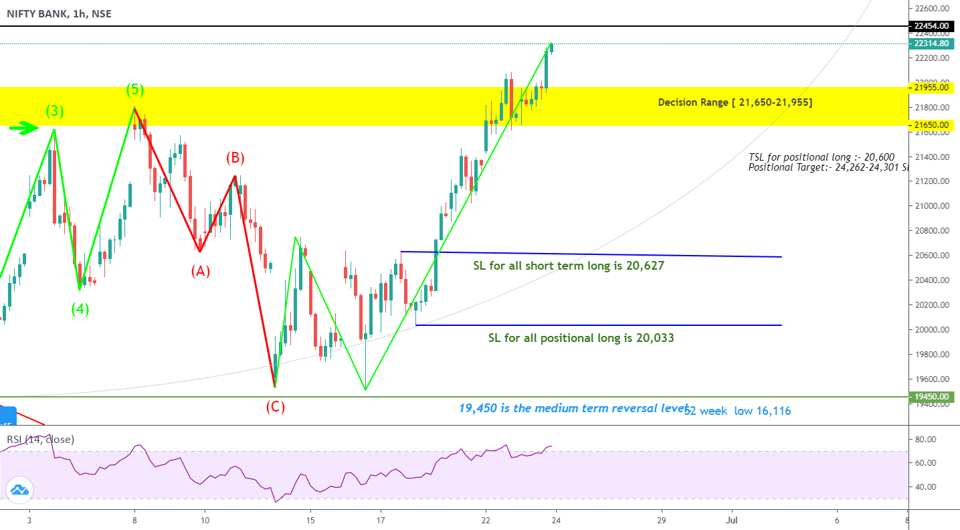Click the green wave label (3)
point(54,112)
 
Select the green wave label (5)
point(136,90)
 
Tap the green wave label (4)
point(81,309)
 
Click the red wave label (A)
point(201,271)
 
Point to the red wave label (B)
point(235,158)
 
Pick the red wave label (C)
point(275,406)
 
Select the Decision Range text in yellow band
point(735,102)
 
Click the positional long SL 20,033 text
point(581,338)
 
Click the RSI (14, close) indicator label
point(40,440)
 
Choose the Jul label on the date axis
point(731,519)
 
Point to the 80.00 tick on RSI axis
point(926,439)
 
